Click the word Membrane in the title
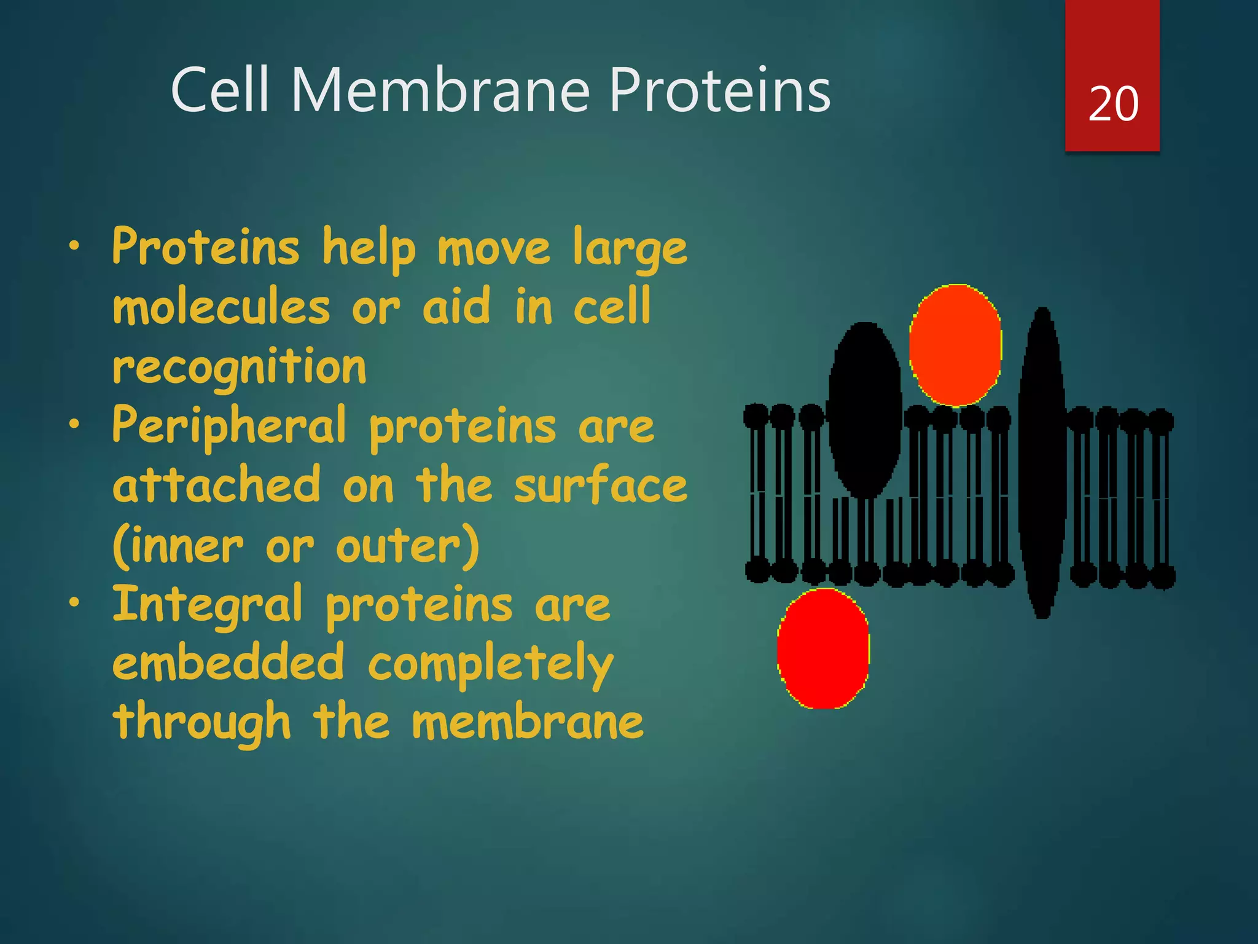coord(440,90)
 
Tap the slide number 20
coord(1113,104)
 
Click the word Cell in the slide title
coord(220,90)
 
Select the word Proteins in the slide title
coord(719,90)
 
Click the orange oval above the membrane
coord(955,345)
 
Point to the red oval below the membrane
coord(823,648)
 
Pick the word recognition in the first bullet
coord(240,367)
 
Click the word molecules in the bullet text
coord(222,307)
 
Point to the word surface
coord(601,485)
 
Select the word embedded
coord(229,663)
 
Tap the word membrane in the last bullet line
coord(528,722)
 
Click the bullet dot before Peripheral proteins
coord(74,423)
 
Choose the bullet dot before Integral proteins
coord(74,602)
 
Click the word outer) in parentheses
coord(407,546)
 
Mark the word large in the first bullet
coord(630,250)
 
